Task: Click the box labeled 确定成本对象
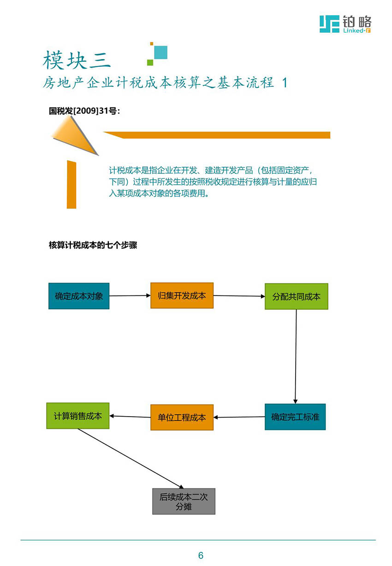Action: point(79,296)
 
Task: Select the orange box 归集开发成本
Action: point(182,295)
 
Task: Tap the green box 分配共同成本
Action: point(297,296)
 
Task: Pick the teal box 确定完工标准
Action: point(295,417)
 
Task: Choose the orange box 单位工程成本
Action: point(182,417)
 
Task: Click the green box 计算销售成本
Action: point(78,416)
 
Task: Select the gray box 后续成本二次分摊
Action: point(184,501)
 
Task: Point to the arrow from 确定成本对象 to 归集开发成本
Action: point(130,295)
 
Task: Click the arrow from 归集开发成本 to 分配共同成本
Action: point(239,296)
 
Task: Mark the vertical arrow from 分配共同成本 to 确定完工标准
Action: point(296,357)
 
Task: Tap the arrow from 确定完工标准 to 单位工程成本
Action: point(239,417)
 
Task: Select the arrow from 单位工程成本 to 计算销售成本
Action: point(130,416)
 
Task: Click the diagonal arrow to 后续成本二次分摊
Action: point(131,459)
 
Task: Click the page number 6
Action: point(201,555)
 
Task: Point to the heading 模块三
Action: point(77,60)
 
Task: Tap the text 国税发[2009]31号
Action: point(84,111)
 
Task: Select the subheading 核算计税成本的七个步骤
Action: point(93,245)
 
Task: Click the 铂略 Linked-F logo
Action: point(345,24)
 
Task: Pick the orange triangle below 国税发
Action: point(75,136)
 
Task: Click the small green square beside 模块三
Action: point(150,62)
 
